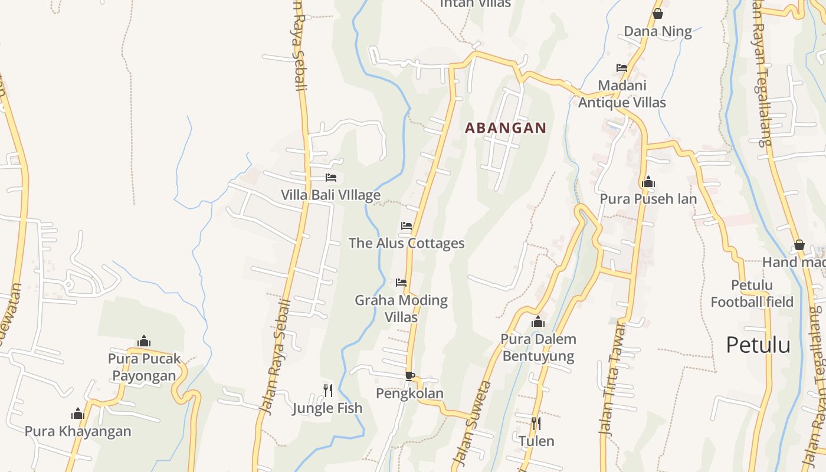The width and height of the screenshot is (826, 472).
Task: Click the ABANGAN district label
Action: click(x=506, y=127)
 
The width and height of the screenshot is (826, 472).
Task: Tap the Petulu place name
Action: click(x=758, y=345)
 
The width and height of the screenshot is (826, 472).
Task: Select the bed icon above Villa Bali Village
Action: click(x=331, y=178)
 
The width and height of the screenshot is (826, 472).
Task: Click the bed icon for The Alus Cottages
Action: click(x=407, y=226)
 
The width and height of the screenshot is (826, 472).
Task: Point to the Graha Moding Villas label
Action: click(x=401, y=309)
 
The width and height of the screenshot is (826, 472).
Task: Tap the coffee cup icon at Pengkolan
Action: click(x=410, y=376)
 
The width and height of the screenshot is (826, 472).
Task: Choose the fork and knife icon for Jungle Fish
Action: click(x=328, y=390)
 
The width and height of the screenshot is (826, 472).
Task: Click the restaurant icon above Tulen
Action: click(x=536, y=423)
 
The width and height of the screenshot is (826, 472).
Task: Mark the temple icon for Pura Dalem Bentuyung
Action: click(x=537, y=322)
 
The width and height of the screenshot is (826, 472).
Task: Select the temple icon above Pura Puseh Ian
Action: click(x=648, y=182)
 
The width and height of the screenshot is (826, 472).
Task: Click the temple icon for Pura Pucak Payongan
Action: click(x=144, y=341)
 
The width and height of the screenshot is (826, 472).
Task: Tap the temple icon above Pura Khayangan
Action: click(x=78, y=414)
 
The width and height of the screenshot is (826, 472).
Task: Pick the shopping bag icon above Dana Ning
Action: click(x=658, y=14)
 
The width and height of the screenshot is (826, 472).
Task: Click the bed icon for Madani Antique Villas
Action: click(x=622, y=68)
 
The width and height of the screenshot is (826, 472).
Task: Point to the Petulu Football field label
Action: click(x=752, y=294)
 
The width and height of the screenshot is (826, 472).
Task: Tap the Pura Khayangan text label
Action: click(x=78, y=431)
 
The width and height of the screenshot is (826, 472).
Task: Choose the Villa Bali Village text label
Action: click(x=330, y=195)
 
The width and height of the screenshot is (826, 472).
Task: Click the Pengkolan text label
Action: click(x=410, y=394)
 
